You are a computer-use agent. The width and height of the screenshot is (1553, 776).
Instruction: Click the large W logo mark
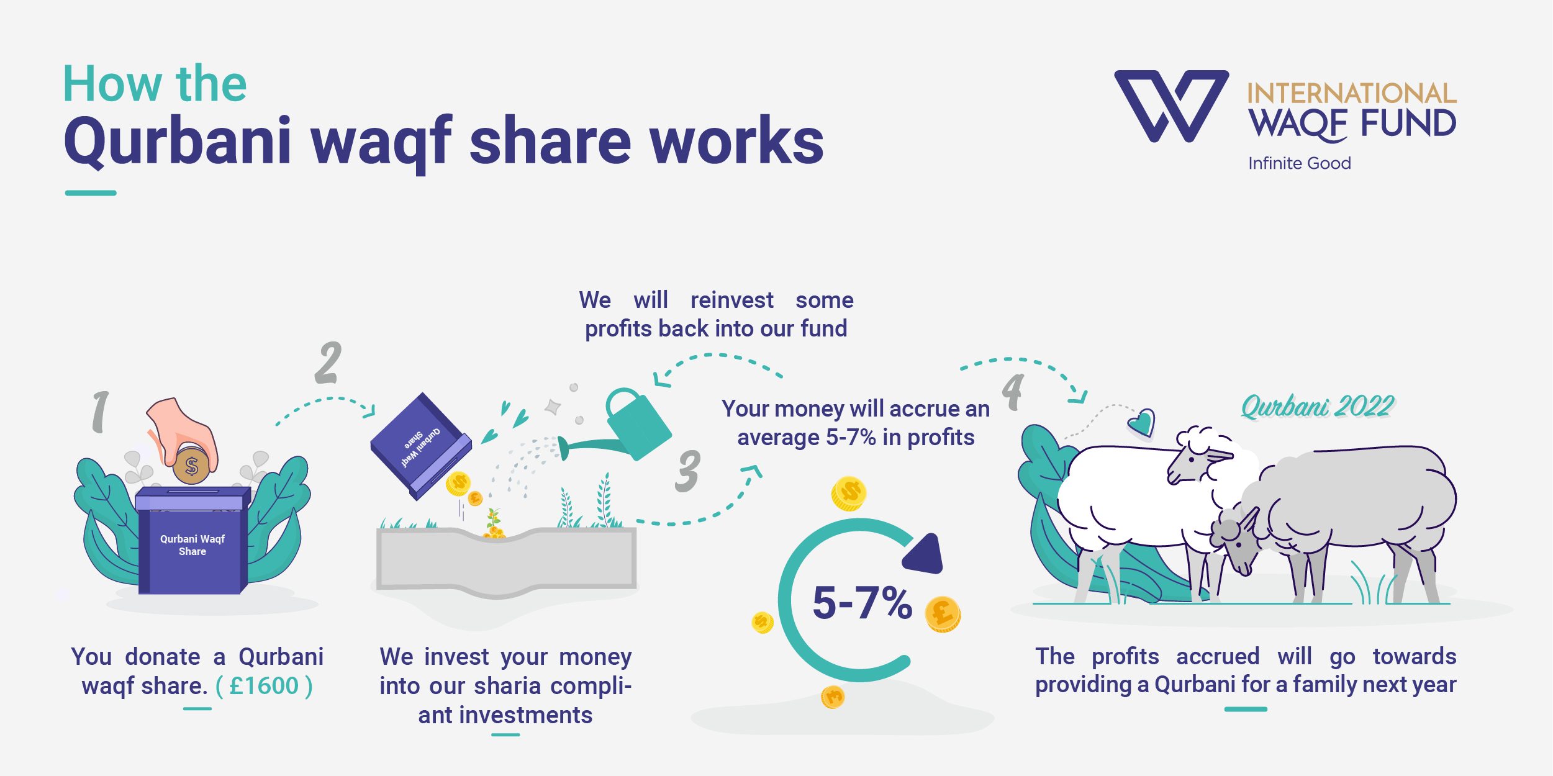coord(1171,106)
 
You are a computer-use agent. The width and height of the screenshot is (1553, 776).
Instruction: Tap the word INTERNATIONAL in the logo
coord(1352,94)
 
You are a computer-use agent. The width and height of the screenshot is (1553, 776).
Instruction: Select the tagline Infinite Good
coord(1300,163)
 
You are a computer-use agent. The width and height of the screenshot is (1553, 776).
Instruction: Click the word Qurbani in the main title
coord(178,142)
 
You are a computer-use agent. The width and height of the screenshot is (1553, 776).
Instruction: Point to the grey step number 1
coord(101,412)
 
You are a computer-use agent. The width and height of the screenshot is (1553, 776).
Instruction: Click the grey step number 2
coord(328,363)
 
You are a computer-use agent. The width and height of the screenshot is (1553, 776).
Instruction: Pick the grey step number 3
coord(687,471)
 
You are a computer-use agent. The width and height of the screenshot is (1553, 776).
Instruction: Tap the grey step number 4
coord(1013,391)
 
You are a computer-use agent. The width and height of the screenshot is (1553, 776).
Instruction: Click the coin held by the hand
coord(191,466)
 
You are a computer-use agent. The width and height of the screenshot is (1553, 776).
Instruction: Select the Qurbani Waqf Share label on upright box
coord(192,545)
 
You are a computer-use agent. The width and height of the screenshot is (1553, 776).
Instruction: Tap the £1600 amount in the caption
coord(265,686)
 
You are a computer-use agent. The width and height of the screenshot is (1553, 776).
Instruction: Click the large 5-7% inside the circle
coord(863,602)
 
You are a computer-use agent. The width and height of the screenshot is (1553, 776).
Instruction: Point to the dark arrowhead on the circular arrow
coord(923,554)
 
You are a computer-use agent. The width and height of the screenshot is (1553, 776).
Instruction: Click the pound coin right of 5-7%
coord(943,614)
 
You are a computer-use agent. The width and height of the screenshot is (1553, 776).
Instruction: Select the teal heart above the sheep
coord(1142,423)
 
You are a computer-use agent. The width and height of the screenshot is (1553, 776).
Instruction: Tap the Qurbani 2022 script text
coord(1318,407)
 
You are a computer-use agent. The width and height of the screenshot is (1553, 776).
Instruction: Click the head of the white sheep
coord(1202,456)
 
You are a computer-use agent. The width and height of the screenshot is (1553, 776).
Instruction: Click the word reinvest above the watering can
coord(732,300)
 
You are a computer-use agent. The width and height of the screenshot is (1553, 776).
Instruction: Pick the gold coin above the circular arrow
coord(849,494)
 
